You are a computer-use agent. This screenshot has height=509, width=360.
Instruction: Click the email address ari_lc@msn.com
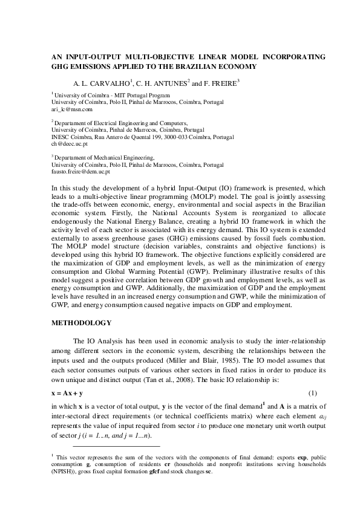click(x=72, y=110)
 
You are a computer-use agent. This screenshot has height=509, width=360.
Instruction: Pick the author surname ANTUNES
click(x=171, y=82)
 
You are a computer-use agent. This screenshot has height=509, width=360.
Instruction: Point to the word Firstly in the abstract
click(x=116, y=213)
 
